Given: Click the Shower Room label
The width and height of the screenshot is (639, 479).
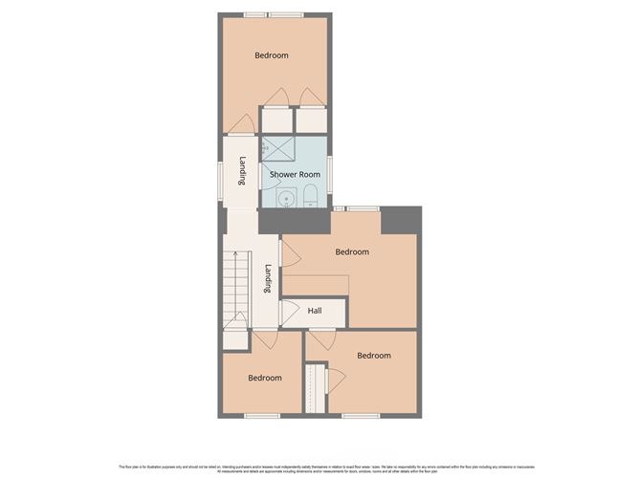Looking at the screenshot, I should click(295, 175).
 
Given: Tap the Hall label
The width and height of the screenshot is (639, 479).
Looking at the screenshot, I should click(315, 311).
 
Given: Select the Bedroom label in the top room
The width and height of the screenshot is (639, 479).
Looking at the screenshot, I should click(271, 55).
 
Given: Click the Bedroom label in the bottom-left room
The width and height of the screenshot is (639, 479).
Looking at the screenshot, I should click(265, 378).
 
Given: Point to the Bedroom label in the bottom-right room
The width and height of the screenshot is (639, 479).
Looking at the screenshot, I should click(374, 356).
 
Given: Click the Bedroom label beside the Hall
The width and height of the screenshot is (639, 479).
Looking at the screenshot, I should click(352, 251).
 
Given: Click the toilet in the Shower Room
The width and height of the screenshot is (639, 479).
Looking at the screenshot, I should click(311, 197).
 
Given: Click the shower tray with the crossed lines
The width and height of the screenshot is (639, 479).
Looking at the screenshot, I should click(278, 148).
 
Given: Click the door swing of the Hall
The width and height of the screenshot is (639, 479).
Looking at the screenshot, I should click(287, 313).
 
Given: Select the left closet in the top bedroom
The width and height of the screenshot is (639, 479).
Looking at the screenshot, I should click(276, 120).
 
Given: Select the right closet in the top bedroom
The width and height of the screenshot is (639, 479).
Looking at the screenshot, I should click(311, 120).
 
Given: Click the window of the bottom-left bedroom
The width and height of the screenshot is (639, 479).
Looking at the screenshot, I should click(261, 415).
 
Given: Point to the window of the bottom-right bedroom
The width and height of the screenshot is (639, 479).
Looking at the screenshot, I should click(362, 415).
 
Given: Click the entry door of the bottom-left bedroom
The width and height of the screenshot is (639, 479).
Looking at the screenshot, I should click(266, 339).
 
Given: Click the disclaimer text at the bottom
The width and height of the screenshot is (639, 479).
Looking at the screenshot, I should click(319, 468).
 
